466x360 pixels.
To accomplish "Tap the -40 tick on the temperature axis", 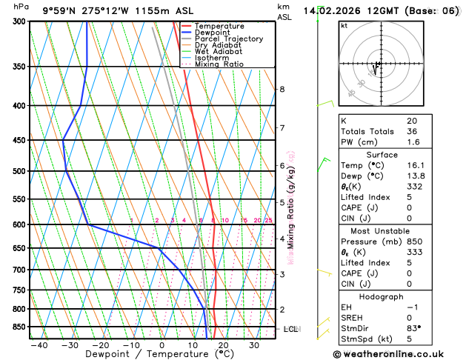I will [39, 344].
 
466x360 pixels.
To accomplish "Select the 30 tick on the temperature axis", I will [254, 344].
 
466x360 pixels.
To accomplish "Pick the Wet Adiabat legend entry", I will [219, 51].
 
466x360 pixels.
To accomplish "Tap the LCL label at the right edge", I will [290, 329].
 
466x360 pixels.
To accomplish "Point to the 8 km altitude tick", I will [282, 90].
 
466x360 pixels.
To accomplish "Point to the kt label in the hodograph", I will [344, 26].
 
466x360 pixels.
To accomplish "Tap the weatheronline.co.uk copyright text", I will [394, 354].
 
